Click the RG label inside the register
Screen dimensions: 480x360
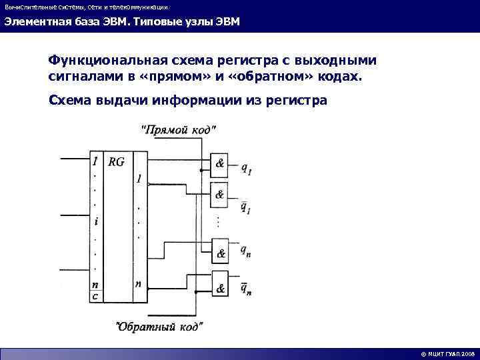pos(117,161)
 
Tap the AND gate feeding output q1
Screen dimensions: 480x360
pos(219,163)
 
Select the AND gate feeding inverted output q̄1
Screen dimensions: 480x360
pos(219,194)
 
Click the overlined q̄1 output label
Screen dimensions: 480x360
pos(245,207)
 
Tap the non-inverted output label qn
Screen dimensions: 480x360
pos(246,251)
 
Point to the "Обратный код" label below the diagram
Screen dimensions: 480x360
pos(159,327)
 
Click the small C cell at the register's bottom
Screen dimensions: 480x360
pos(95,296)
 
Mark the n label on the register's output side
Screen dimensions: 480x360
pos(138,283)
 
